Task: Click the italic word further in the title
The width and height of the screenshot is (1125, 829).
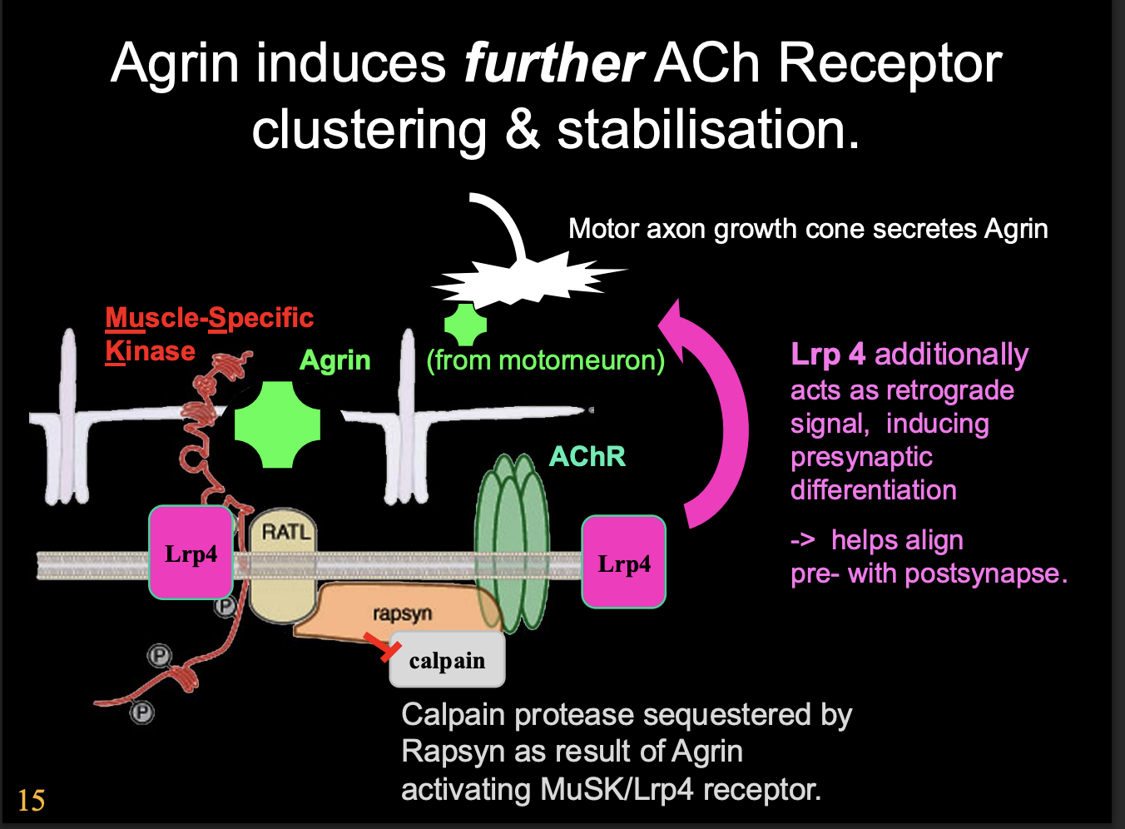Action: (553, 63)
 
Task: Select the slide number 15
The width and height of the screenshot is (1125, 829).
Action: (31, 801)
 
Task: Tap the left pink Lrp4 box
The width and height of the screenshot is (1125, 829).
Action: (191, 553)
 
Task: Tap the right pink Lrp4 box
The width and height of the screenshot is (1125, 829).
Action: (624, 563)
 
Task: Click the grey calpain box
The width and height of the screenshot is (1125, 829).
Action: (447, 660)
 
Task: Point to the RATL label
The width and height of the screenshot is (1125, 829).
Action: (285, 531)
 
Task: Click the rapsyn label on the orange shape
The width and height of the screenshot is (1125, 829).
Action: (402, 613)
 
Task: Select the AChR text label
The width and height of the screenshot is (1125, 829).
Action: (587, 456)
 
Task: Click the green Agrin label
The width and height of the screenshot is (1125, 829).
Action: (335, 360)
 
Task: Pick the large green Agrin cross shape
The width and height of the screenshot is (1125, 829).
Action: (277, 424)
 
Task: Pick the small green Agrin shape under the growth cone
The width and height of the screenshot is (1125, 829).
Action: (465, 324)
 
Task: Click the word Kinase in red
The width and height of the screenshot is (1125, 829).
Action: (150, 351)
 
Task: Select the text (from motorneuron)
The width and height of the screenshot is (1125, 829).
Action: (545, 360)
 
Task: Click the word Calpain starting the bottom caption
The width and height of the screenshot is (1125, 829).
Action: (453, 715)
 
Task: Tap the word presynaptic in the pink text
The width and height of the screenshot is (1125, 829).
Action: (861, 457)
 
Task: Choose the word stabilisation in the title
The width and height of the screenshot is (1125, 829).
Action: (707, 131)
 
